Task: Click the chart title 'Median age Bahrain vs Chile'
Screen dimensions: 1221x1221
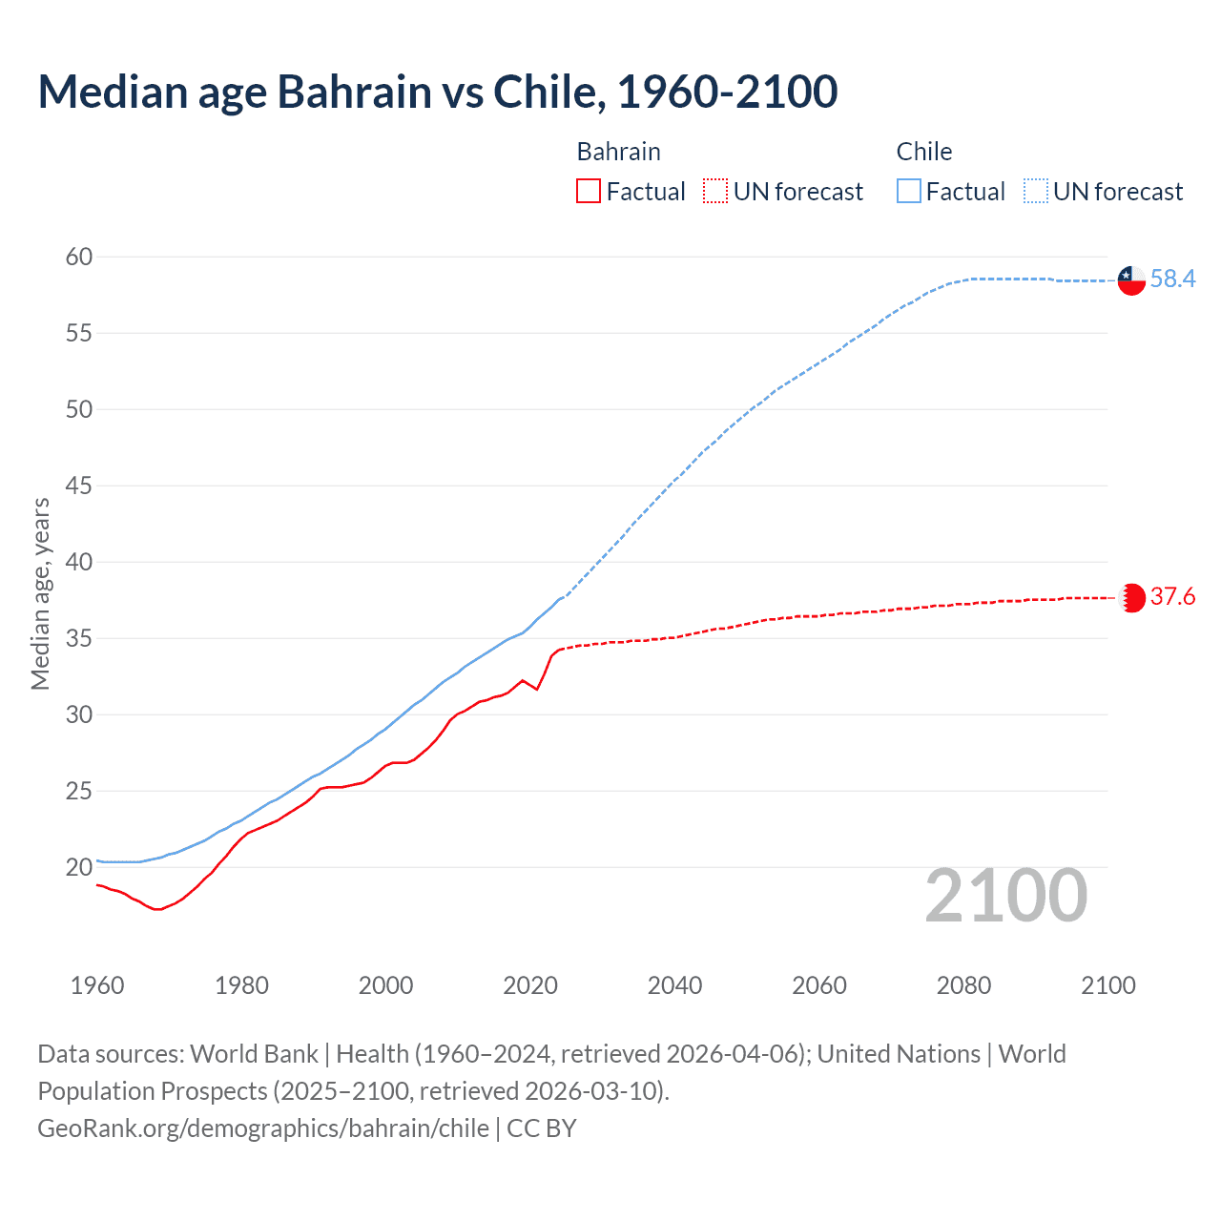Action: point(437,92)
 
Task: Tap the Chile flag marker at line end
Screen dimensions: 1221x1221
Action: point(1131,280)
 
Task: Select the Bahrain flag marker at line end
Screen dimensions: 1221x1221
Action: point(1131,598)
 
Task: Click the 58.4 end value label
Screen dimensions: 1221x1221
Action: point(1172,279)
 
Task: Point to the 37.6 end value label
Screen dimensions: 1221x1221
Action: point(1172,597)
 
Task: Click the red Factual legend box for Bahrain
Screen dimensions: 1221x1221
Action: point(589,192)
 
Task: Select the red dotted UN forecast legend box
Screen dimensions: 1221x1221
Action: point(715,192)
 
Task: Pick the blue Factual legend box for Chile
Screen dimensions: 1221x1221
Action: point(908,192)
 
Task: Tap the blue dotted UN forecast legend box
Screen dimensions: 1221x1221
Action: point(1035,192)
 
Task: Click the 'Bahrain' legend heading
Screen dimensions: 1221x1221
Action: point(618,152)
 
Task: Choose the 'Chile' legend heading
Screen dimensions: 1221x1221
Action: point(923,152)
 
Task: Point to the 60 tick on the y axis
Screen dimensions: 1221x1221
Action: point(79,257)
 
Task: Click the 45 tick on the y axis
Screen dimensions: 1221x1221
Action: point(79,486)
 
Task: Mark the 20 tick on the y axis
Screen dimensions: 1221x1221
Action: point(79,867)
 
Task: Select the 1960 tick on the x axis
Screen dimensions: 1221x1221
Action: point(97,985)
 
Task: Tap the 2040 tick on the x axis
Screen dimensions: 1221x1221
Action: point(674,985)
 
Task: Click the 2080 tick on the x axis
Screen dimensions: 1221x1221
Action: point(963,985)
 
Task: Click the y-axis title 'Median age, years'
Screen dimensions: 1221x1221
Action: point(40,593)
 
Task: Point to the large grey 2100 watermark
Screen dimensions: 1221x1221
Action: point(1005,896)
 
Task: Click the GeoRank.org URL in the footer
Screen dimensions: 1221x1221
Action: point(263,1128)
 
